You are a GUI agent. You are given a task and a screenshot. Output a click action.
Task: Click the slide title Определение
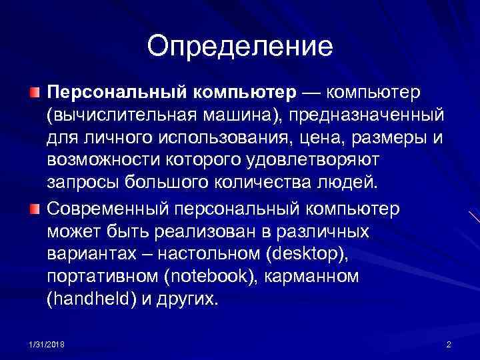(239, 47)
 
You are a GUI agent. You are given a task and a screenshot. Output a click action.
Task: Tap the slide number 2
(449, 344)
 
